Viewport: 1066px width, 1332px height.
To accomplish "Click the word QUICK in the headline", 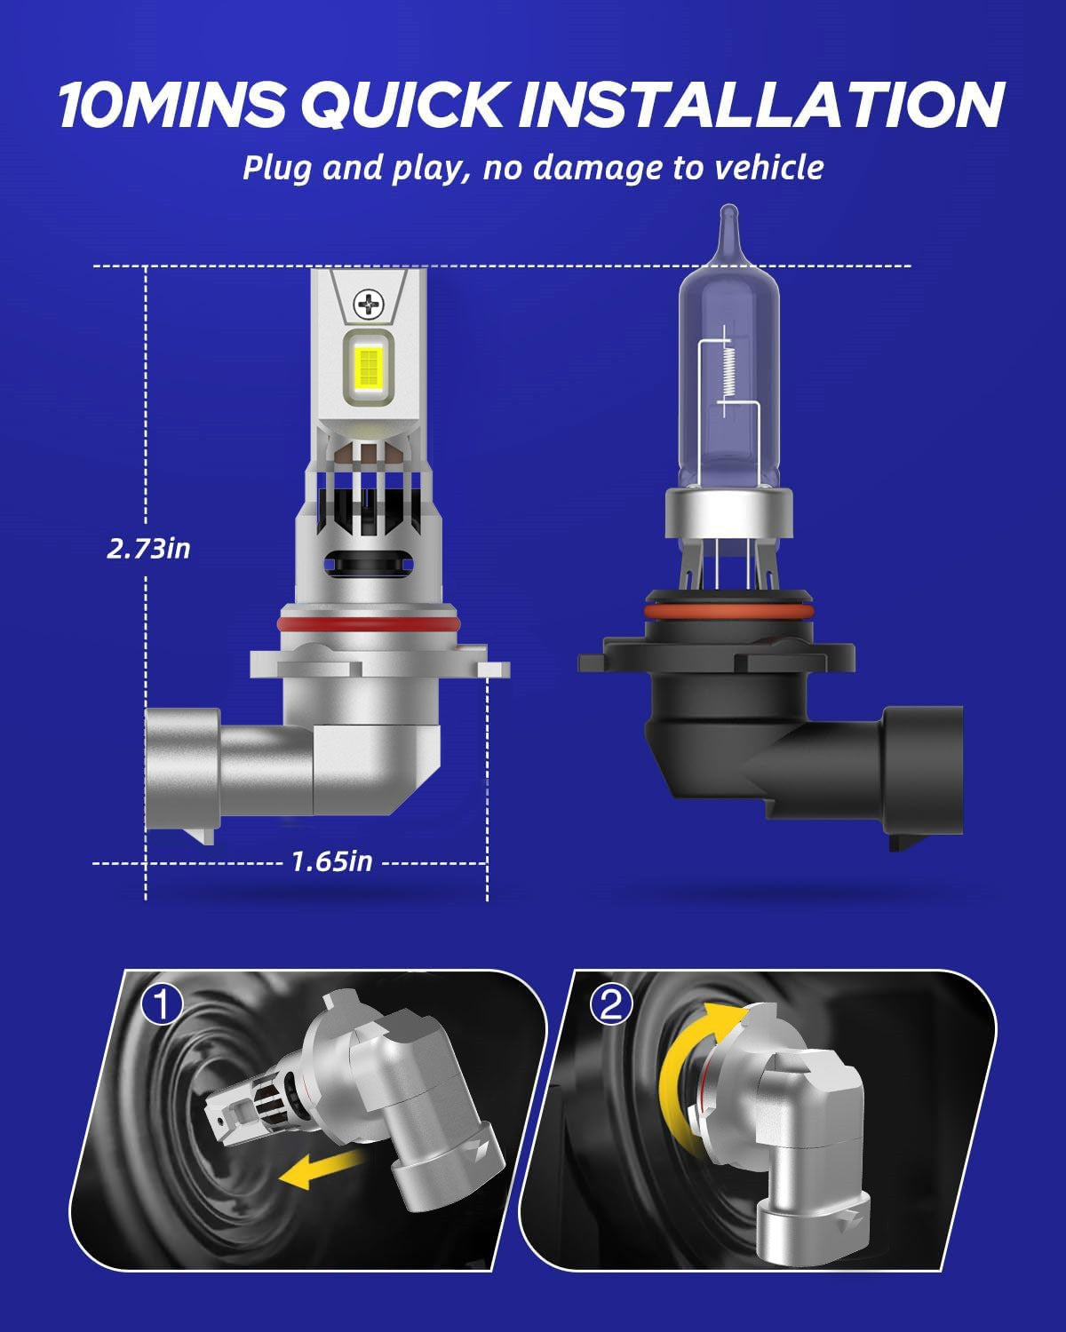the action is (x=404, y=104).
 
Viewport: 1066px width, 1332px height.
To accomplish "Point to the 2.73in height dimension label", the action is (x=148, y=549).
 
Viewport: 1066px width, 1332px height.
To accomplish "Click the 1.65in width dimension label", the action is (x=332, y=861).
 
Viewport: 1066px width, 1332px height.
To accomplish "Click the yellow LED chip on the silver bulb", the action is (x=368, y=365).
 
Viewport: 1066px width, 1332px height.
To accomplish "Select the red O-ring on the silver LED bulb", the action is (x=370, y=623).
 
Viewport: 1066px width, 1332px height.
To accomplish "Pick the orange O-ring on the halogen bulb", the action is (x=728, y=612).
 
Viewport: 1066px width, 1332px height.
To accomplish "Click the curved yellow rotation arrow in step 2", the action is (x=694, y=1077).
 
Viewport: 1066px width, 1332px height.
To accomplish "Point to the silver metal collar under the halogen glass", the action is (x=729, y=512).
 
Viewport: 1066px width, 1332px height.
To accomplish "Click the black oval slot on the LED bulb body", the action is (x=370, y=563).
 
